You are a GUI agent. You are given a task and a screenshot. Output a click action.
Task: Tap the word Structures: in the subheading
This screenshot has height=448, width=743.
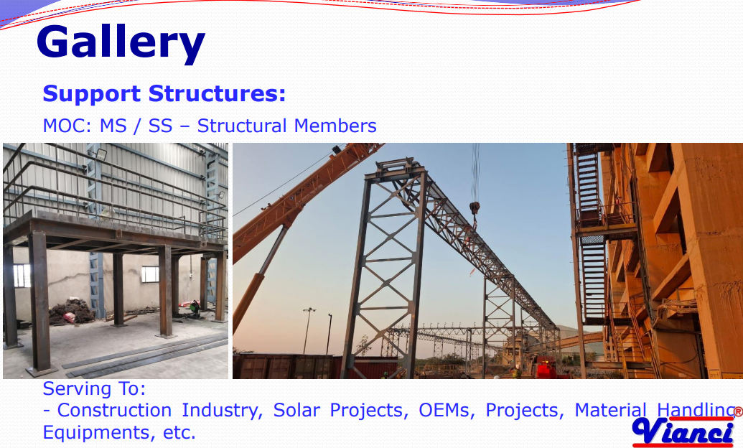(x=217, y=93)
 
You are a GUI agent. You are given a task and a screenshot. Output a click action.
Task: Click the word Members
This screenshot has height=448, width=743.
(x=335, y=126)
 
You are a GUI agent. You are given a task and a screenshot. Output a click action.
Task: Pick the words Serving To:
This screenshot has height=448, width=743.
(x=94, y=388)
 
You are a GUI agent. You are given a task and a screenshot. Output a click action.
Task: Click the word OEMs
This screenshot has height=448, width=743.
(x=447, y=410)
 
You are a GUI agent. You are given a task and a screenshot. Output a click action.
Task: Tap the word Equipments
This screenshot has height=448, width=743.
(x=97, y=433)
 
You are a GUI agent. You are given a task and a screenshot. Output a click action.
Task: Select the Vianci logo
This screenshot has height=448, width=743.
(x=683, y=432)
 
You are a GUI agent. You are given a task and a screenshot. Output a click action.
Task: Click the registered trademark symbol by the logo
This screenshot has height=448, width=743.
(x=738, y=412)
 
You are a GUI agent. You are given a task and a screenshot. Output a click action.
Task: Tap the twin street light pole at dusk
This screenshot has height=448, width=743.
(x=309, y=330)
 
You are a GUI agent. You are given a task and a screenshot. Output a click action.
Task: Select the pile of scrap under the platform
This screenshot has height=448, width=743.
(x=72, y=312)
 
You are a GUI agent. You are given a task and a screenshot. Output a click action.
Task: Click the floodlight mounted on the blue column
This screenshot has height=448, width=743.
(x=101, y=154)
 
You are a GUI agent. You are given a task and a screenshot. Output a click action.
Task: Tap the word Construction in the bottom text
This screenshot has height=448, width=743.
(x=114, y=410)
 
